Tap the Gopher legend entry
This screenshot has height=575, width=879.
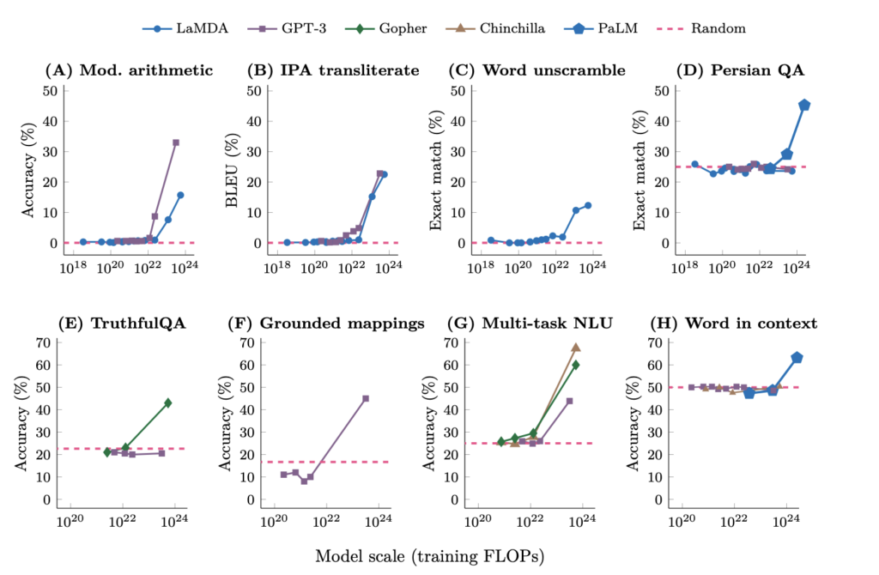tap(393, 28)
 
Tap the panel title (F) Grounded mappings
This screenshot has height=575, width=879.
tap(330, 324)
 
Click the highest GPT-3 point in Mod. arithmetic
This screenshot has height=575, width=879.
tap(176, 142)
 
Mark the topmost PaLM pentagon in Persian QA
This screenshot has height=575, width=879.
tap(804, 105)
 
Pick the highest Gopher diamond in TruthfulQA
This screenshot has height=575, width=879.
tap(168, 402)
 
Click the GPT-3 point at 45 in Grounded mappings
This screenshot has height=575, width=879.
tap(366, 398)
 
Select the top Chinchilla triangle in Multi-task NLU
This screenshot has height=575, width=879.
tap(576, 348)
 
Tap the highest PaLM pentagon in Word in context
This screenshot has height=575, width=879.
tap(797, 357)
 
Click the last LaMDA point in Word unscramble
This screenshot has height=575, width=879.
tap(588, 205)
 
